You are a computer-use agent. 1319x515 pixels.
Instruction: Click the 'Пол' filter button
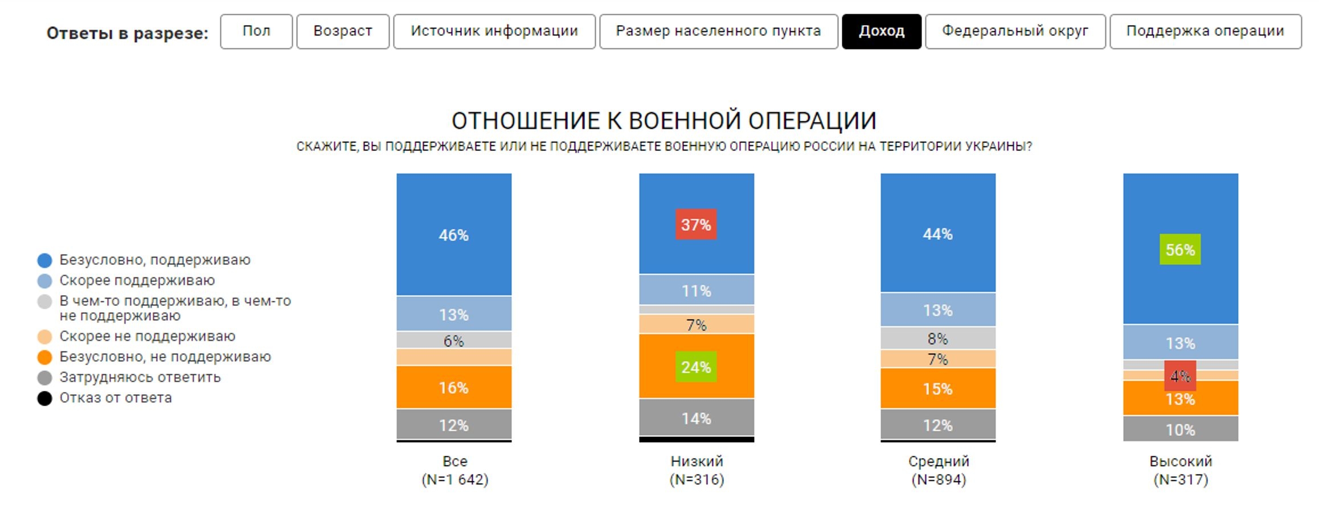[x=256, y=31]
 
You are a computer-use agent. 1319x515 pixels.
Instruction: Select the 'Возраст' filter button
[x=343, y=31]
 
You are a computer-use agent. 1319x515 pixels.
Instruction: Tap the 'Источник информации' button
[x=494, y=31]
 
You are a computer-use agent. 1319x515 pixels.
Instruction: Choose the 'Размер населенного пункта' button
[x=718, y=31]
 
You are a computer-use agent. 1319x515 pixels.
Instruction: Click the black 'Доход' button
[x=881, y=31]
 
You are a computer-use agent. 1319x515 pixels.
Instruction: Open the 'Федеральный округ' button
[x=1015, y=31]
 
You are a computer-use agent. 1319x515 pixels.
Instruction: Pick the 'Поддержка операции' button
[x=1205, y=31]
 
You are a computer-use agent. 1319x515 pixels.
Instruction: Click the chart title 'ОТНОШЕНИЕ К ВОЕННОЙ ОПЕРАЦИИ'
[x=663, y=121]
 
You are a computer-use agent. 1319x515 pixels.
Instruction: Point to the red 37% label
[x=696, y=224]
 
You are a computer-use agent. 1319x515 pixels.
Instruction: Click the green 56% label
[x=1180, y=250]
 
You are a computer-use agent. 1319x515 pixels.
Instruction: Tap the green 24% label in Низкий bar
[x=696, y=367]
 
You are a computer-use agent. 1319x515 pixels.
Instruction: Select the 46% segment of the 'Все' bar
[x=454, y=235]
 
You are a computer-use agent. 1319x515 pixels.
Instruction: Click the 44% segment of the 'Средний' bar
[x=938, y=234]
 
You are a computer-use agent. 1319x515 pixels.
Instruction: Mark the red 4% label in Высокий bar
[x=1180, y=376]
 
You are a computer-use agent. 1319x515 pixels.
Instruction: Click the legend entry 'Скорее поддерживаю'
[x=137, y=280]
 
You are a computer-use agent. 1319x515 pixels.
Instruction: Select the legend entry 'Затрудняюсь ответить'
[x=140, y=377]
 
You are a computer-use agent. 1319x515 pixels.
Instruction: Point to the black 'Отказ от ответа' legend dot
[x=44, y=398]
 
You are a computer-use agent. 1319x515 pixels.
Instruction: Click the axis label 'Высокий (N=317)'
[x=1181, y=470]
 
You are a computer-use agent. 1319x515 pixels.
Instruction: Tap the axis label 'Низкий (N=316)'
[x=697, y=470]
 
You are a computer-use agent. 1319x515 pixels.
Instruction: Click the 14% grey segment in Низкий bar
[x=697, y=418]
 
